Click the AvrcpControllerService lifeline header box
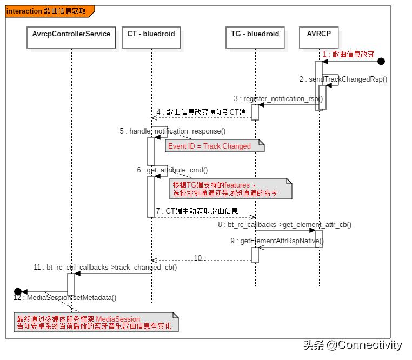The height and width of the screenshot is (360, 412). pyautogui.click(x=71, y=34)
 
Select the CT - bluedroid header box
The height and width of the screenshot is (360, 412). pyautogui.click(x=151, y=34)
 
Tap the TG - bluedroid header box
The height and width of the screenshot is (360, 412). pyautogui.click(x=255, y=34)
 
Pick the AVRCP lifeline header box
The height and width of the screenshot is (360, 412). pyautogui.click(x=318, y=34)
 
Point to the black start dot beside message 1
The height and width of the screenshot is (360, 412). pyautogui.click(x=381, y=62)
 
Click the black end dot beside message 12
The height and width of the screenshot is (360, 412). pyautogui.click(x=18, y=291)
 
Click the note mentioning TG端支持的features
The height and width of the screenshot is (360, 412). pyautogui.click(x=230, y=189)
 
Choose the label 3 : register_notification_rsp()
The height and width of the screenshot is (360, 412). pyautogui.click(x=278, y=98)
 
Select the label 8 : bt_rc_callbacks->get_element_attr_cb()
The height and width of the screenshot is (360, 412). pyautogui.click(x=284, y=224)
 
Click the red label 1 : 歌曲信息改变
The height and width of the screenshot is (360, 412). pyautogui.click(x=348, y=54)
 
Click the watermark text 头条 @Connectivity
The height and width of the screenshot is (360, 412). pyautogui.click(x=353, y=345)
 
